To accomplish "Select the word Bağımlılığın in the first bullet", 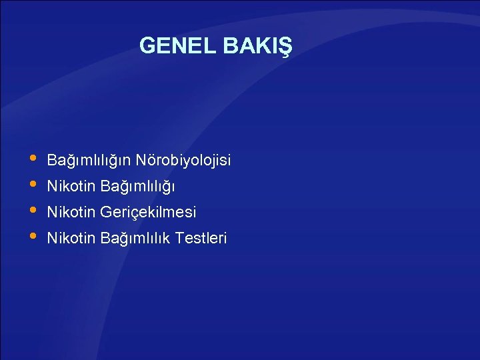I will tap(89, 161).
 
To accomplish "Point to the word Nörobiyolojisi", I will tap(183, 161).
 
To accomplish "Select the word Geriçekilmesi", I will tap(148, 213).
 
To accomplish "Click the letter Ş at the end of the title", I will tap(286, 47).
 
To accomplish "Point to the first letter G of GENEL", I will tap(147, 46).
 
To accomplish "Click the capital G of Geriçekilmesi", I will tap(105, 213).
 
